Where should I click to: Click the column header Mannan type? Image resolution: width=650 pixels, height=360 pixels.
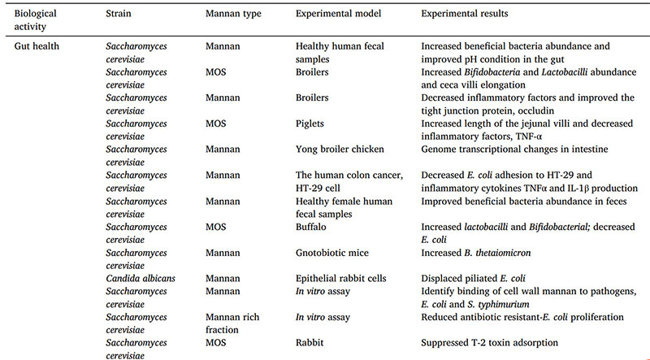[233, 15]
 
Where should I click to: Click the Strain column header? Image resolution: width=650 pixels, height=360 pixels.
[119, 15]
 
